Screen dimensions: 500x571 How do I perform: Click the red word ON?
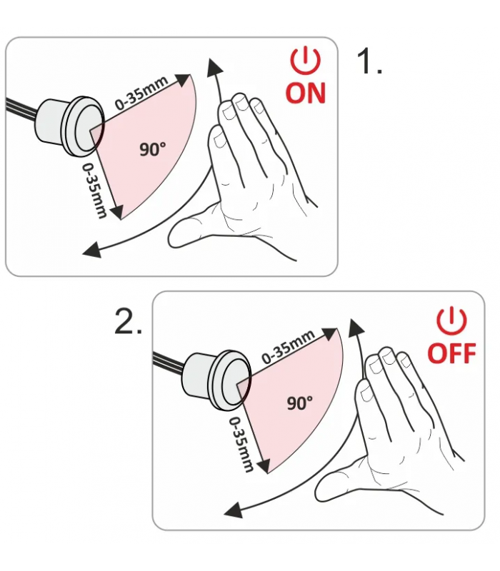[x=306, y=93]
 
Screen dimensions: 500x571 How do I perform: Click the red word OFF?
[x=451, y=353]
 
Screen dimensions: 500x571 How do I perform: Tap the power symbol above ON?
[x=306, y=61]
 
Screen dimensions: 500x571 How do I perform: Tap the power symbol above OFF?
[x=451, y=320]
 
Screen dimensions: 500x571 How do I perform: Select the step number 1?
[x=369, y=61]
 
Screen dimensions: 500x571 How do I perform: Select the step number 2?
[x=128, y=321]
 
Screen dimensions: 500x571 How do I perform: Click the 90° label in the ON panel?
[x=153, y=149]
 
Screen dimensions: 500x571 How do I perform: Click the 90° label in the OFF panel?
[x=299, y=403]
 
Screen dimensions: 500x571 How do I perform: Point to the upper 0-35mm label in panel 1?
[x=141, y=93]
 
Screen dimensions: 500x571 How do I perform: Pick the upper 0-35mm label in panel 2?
[x=289, y=346]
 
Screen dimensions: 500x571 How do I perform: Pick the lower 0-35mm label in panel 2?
[x=241, y=444]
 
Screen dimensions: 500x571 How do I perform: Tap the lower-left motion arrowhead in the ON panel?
[x=91, y=250]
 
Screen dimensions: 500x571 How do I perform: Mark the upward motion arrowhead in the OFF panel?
[x=355, y=328]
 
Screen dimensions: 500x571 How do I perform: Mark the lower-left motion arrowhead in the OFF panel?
[x=234, y=510]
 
